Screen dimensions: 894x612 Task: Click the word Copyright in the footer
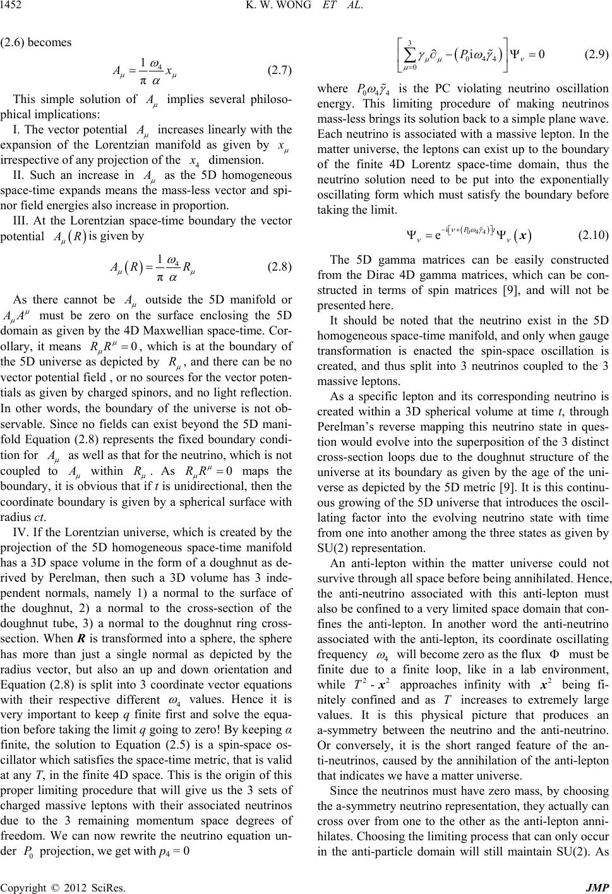23,886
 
